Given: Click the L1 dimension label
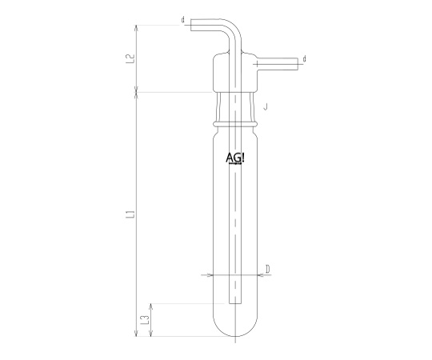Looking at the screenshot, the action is [131, 214].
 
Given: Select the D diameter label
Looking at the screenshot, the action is [267, 269].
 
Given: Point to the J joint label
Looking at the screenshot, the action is [266, 106].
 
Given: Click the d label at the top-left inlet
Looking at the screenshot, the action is [182, 19].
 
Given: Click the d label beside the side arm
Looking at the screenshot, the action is [304, 58].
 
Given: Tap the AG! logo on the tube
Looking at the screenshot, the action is [234, 158].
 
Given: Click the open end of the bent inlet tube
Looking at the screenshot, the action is [191, 25].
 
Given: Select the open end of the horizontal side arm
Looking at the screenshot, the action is [298, 64].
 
